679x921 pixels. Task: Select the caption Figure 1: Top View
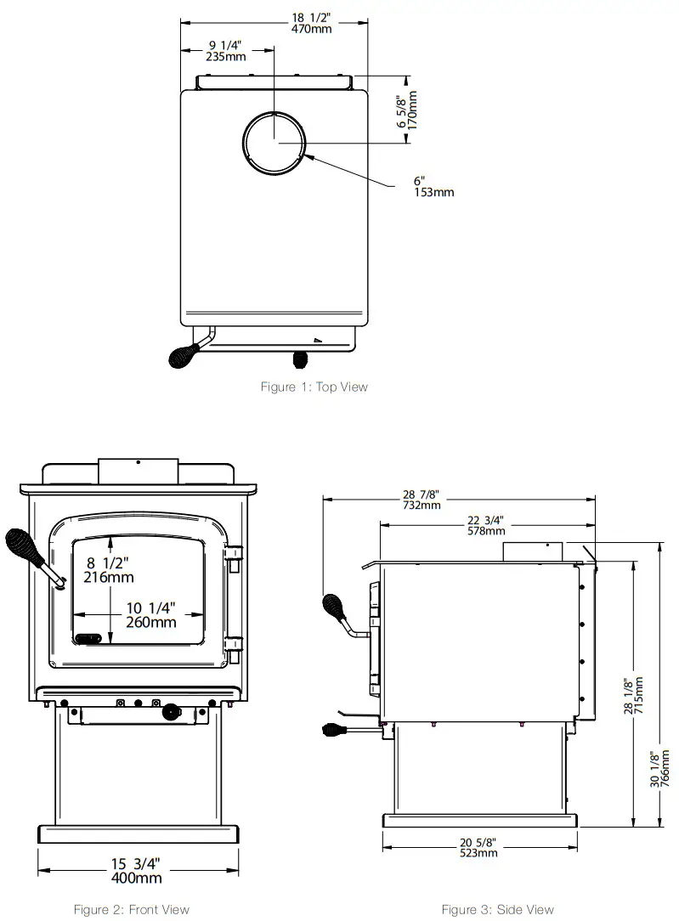314,387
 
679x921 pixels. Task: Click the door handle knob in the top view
183,354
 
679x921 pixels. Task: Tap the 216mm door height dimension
109,570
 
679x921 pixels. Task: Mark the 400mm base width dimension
136,872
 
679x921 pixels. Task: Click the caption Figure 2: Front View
131,910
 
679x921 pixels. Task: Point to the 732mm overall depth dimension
422,500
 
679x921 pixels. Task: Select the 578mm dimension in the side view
488,526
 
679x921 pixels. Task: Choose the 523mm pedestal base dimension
480,847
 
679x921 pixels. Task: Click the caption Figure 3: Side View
497,910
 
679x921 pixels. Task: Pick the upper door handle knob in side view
334,607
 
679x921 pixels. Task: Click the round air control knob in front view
173,710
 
